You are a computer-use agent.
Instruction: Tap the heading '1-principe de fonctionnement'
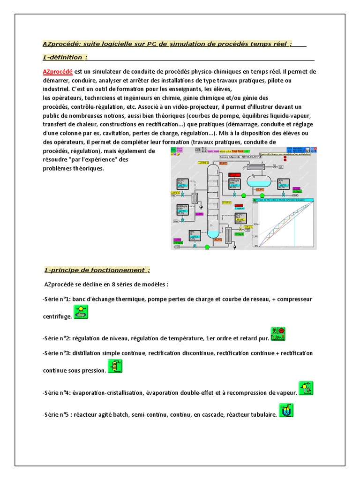(97, 270)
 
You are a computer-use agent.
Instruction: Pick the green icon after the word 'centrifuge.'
(81, 312)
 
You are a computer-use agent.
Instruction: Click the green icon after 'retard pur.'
(278, 334)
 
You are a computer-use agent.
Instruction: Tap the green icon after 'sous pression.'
(115, 367)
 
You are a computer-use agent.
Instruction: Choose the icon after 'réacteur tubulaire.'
(285, 411)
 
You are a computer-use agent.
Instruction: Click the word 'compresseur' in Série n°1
(294, 299)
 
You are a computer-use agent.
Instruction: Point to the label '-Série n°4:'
(57, 392)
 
